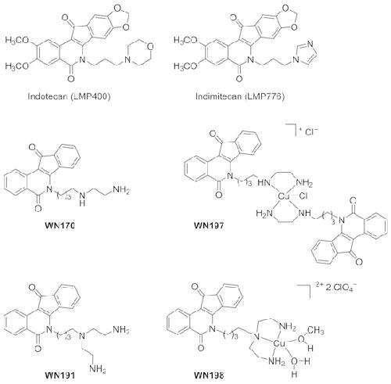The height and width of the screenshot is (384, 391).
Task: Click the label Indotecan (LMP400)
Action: pyautogui.click(x=70, y=96)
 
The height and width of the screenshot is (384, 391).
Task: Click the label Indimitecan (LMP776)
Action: pyautogui.click(x=240, y=96)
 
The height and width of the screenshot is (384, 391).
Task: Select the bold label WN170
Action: pyautogui.click(x=60, y=225)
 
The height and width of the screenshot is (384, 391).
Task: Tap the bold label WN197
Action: pyautogui.click(x=209, y=225)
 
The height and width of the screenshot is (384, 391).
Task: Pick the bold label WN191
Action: pyautogui.click(x=60, y=375)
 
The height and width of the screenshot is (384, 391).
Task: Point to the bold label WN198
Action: pyautogui.click(x=209, y=375)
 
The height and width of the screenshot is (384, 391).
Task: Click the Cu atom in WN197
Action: pyautogui.click(x=283, y=196)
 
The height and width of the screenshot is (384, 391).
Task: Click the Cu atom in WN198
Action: pyautogui.click(x=280, y=344)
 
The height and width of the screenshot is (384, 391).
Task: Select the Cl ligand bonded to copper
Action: pyautogui.click(x=303, y=196)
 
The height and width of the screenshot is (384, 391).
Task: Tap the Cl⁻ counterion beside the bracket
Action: pyautogui.click(x=311, y=132)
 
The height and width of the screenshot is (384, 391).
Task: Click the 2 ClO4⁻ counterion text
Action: pyautogui.click(x=341, y=288)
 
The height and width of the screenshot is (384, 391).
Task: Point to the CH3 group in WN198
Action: pyautogui.click(x=316, y=331)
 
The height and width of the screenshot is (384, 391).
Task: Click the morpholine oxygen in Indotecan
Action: pyautogui.click(x=150, y=47)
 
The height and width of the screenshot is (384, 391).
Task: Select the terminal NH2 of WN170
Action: pyautogui.click(x=121, y=189)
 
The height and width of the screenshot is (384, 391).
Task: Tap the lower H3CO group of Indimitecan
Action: pyautogui.click(x=185, y=66)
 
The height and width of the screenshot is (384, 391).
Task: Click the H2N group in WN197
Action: pyautogui.click(x=264, y=214)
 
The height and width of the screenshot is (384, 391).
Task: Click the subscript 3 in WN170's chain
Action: pyautogui.click(x=69, y=198)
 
